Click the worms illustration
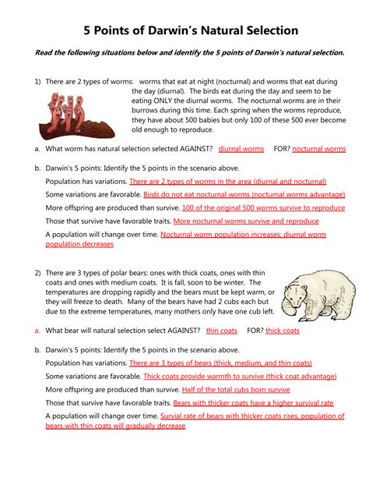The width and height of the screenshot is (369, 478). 77,116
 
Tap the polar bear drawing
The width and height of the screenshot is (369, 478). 318,295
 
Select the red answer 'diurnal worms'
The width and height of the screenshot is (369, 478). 241,149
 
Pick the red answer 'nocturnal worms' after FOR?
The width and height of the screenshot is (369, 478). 319,149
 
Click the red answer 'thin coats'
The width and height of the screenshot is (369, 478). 222,331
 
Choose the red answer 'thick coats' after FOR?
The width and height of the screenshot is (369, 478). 283,331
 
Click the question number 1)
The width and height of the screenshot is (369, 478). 37,82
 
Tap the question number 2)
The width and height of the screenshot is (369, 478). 37,273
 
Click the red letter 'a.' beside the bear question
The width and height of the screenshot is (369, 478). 37,331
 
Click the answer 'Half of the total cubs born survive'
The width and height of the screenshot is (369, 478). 236,390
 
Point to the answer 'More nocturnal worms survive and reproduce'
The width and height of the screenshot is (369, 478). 246,221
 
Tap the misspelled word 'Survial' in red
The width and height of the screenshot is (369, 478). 170,416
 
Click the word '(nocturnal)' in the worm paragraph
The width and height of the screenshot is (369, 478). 233,82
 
